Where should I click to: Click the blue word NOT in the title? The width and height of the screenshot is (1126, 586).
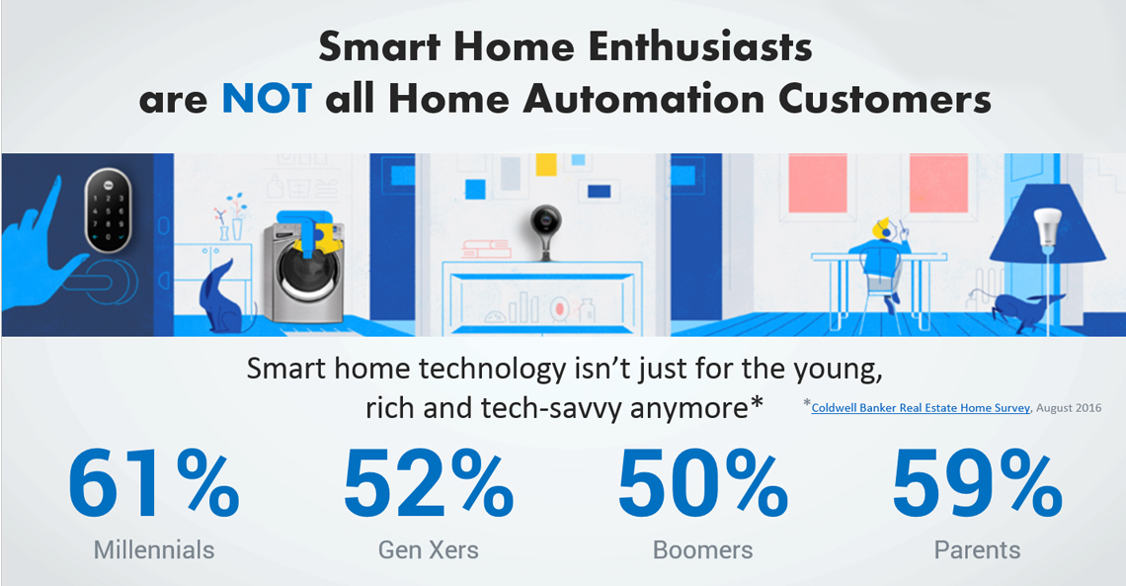(267, 99)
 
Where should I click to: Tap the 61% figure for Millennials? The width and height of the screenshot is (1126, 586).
(154, 483)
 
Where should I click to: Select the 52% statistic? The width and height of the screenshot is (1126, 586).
(428, 483)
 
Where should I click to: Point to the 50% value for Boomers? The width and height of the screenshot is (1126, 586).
(702, 483)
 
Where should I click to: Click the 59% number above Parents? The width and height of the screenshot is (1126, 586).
(977, 483)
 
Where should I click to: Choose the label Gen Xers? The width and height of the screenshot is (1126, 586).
(428, 550)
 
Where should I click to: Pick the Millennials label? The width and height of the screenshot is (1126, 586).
(154, 550)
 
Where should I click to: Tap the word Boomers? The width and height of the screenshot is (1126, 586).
(702, 550)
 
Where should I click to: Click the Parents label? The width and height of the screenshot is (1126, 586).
(977, 550)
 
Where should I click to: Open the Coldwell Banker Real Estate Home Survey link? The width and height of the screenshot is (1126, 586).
(920, 408)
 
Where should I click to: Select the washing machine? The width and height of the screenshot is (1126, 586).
(299, 271)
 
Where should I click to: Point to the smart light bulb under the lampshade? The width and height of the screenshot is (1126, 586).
(1046, 229)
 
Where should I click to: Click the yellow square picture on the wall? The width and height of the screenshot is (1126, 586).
(546, 164)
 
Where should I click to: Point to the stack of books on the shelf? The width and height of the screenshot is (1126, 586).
(486, 249)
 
